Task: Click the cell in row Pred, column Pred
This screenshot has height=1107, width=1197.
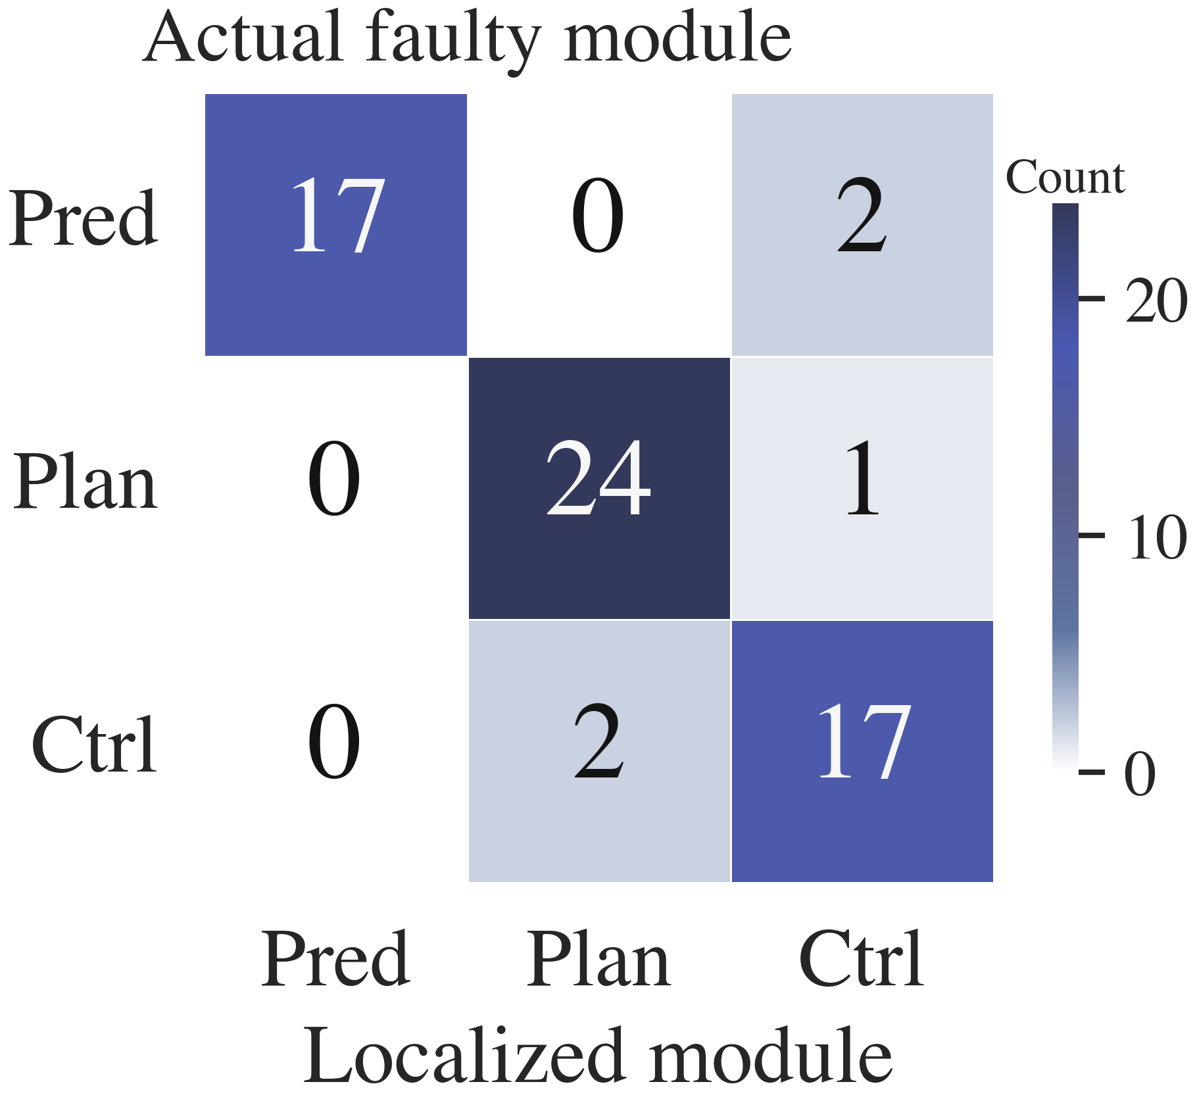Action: coord(336,225)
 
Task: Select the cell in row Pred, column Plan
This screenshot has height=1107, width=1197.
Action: coord(599,225)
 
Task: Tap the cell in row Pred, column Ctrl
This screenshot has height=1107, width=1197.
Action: coord(862,225)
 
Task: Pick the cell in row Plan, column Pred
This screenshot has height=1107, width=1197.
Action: coord(336,488)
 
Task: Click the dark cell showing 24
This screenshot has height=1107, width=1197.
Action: coord(599,488)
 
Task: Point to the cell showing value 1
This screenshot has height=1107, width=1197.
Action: coord(862,488)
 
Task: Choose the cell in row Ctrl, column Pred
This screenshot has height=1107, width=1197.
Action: coord(336,751)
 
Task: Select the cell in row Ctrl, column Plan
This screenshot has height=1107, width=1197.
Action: coord(599,751)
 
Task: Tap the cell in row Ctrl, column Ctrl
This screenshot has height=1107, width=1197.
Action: coord(862,751)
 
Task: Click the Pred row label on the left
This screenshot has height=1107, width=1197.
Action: coord(84,218)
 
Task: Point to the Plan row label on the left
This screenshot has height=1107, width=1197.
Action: coord(85,481)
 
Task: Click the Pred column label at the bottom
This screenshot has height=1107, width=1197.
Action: coord(336,959)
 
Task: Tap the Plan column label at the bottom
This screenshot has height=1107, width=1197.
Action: coord(599,959)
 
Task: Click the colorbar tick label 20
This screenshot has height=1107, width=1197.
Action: coord(1156,300)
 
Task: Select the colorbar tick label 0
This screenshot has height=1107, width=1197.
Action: coord(1140,773)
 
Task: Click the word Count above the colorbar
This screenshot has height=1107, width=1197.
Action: coord(1065,177)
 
